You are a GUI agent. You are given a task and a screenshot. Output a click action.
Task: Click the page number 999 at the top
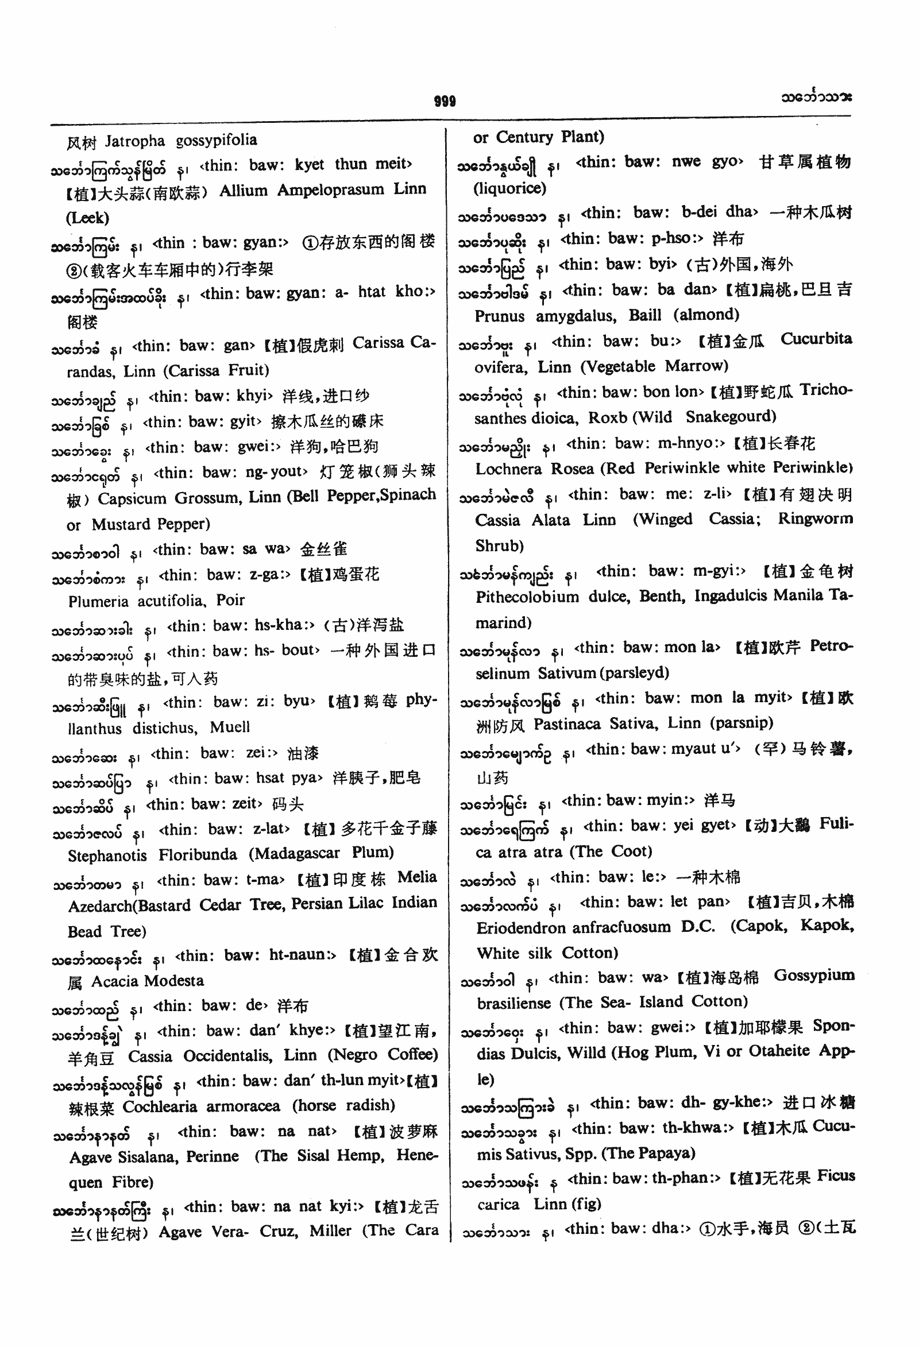coord(445,102)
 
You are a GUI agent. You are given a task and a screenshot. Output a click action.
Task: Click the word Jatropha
coord(134,141)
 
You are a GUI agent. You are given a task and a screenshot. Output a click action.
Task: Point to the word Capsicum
coord(132,498)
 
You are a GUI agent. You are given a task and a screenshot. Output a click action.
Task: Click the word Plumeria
coord(98,601)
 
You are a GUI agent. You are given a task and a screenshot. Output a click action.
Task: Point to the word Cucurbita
coord(816,339)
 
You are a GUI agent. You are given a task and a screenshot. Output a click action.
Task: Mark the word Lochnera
coord(508,469)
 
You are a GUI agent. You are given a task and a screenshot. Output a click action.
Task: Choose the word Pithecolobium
coord(527,597)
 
